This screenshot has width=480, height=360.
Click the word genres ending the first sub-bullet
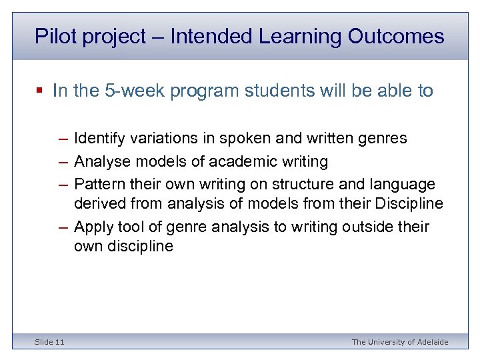pos(383,139)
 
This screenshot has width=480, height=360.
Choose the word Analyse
pos(101,161)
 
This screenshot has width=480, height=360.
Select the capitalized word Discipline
pos(409,203)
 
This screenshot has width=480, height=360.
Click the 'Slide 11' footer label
pos(50,342)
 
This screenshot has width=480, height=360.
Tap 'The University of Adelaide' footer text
pos(400,342)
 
